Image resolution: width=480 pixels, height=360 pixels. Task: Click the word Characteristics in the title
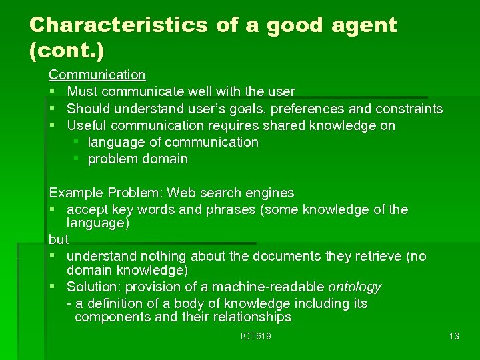119,25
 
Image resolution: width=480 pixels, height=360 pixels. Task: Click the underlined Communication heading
97,75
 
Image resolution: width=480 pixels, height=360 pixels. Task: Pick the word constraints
409,109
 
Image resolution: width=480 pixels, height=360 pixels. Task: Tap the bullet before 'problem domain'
77,159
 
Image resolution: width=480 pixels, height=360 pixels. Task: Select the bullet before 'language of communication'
77,142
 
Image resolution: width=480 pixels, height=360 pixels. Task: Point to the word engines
271,193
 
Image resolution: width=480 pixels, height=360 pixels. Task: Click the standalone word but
59,238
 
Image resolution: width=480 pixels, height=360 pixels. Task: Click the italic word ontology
355,287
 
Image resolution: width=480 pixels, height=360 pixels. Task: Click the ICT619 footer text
255,337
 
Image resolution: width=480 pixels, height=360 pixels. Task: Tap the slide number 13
454,337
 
